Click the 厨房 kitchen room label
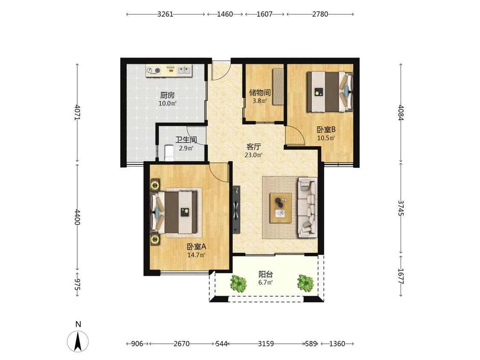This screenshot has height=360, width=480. [x=167, y=95]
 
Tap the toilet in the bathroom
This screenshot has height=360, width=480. [x=169, y=153]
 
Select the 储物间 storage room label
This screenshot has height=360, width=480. [x=259, y=93]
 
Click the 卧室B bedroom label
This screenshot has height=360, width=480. [x=326, y=130]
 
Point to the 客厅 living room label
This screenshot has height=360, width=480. [x=253, y=147]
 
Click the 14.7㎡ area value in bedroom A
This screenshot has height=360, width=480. [x=196, y=255]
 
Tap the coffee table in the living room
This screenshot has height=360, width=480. [x=280, y=208]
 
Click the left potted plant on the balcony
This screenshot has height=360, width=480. [x=239, y=284]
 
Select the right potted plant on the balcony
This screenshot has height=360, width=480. [x=305, y=283]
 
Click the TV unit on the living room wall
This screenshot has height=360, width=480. [x=236, y=209]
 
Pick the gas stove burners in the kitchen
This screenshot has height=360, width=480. [x=153, y=71]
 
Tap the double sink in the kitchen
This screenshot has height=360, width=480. [x=184, y=71]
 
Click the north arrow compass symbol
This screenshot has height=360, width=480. [x=78, y=341]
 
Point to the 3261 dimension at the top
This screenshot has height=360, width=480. [x=165, y=14]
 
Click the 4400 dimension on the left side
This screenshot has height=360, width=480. [x=77, y=217]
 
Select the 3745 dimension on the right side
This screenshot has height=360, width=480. [x=401, y=208]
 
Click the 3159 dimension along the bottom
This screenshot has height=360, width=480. [x=266, y=344]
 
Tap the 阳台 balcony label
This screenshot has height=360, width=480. [x=265, y=274]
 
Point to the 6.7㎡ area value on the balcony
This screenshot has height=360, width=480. [x=265, y=282]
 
